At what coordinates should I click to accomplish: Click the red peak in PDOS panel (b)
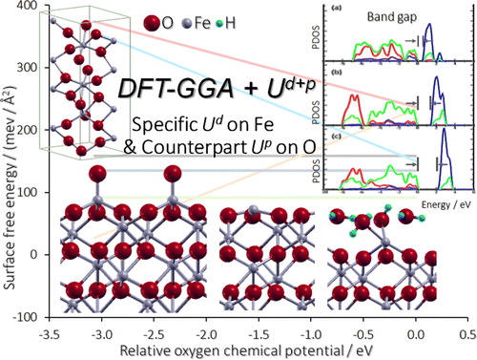click(355, 99)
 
